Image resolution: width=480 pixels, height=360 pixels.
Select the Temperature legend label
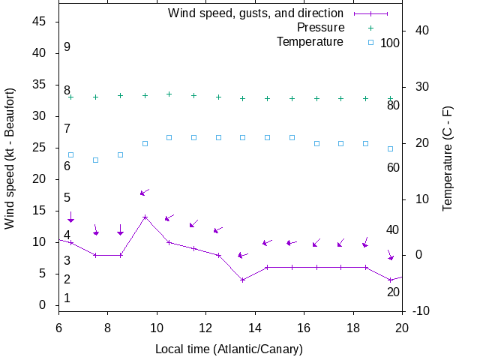pos(310,41)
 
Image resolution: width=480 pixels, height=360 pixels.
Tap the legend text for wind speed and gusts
pos(255,13)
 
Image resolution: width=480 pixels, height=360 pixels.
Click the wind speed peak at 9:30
pos(145,217)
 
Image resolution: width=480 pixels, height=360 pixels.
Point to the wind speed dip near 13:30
pos(242,280)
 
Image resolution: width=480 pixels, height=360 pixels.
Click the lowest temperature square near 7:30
pos(95,160)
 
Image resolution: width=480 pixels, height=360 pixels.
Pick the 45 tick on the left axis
pos(40,22)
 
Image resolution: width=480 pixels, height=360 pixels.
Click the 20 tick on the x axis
pos(402,327)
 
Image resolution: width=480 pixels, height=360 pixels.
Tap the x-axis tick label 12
pos(205,327)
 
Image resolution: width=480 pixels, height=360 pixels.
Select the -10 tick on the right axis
pos(420,311)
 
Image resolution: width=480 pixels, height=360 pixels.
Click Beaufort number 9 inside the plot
pos(67,47)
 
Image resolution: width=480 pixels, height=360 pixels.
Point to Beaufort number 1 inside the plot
pos(67,298)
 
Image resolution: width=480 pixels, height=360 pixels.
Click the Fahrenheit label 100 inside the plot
pos(390,43)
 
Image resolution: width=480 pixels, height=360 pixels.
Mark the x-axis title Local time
pos(229,349)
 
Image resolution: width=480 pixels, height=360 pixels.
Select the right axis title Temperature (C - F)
pos(448,157)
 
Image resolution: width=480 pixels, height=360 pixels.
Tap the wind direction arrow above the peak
pos(145,192)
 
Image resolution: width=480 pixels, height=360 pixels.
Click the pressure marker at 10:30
pos(169,94)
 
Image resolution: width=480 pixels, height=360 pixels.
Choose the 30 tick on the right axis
pos(420,87)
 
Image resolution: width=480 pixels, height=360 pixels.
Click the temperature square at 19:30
pos(390,148)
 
